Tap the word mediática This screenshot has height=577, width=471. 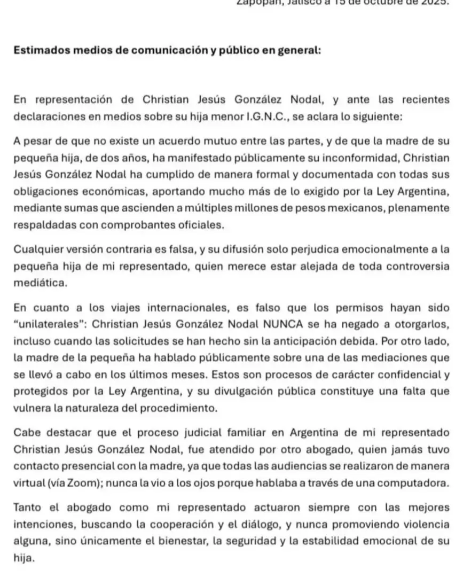[41, 283]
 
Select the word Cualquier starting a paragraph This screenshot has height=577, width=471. [35, 248]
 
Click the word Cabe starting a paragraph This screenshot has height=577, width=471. [25, 431]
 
